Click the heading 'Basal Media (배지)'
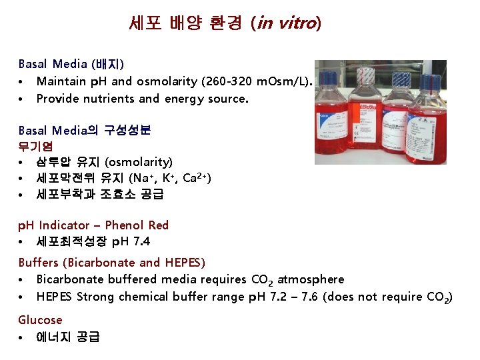click(x=71, y=64)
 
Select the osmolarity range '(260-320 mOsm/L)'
click(x=263, y=81)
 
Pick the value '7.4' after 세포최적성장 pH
click(x=141, y=241)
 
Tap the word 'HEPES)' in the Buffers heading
click(x=184, y=263)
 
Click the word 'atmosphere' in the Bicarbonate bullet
click(x=311, y=279)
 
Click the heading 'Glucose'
click(x=40, y=320)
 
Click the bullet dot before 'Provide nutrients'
click(x=22, y=99)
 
